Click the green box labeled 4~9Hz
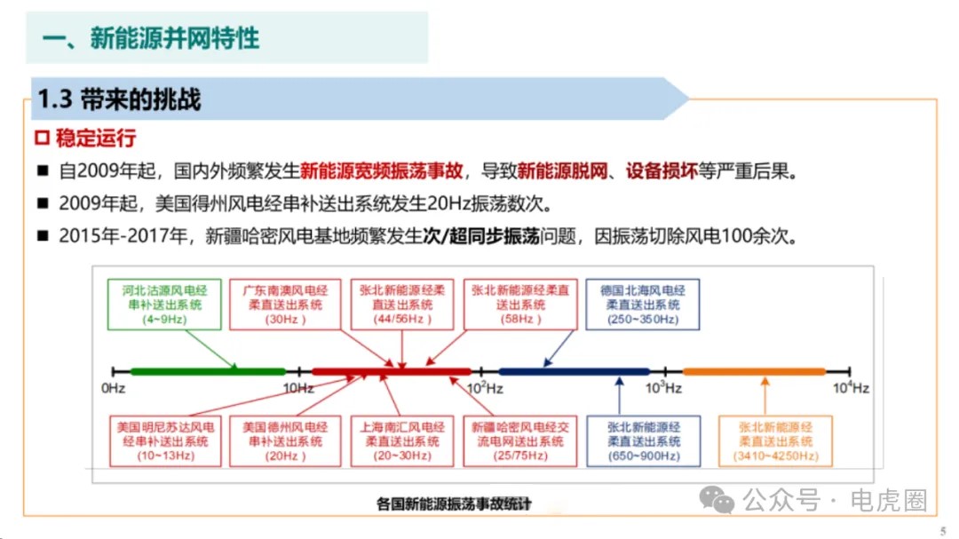[164, 304]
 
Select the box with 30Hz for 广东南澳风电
[284, 304]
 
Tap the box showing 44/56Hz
[402, 304]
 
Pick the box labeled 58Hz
[520, 304]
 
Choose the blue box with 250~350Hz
[642, 304]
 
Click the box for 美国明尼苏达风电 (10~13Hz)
[165, 441]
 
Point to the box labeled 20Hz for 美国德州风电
[284, 441]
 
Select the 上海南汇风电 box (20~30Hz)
[402, 441]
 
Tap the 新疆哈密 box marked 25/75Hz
[520, 441]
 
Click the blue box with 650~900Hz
[644, 441]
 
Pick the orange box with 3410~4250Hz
[775, 441]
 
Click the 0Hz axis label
[113, 388]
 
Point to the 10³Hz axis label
[663, 387]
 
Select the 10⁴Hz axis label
[851, 387]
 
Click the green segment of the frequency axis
[208, 371]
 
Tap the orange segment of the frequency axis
[754, 371]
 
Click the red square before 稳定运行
[43, 138]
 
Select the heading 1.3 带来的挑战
[119, 99]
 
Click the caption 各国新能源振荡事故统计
[453, 503]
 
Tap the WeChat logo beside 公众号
[717, 500]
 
